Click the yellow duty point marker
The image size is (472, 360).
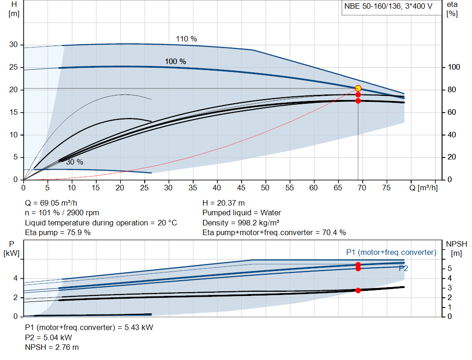[358, 89]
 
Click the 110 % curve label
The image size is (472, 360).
[186, 39]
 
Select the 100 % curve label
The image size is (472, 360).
[176, 61]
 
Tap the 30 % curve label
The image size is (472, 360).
[74, 162]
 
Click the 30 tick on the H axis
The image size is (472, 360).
[13, 45]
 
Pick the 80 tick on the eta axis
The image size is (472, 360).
[454, 90]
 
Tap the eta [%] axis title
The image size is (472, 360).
[452, 9]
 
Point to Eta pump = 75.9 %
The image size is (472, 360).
[58, 233]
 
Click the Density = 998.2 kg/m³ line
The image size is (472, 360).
[241, 223]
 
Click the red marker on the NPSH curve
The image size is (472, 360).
[358, 290]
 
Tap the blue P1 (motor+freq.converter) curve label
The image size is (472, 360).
[391, 252]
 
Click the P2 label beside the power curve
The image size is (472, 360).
[403, 268]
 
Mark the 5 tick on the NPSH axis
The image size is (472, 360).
[449, 268]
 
